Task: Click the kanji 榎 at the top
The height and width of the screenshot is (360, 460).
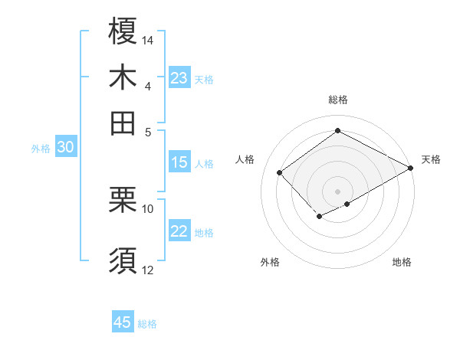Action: coord(123,32)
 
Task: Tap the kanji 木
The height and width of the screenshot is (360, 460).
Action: coord(123,78)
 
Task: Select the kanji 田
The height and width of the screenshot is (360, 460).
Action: coord(123,122)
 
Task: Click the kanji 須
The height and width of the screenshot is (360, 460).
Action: coord(123,260)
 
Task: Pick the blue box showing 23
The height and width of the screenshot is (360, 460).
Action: coord(179,78)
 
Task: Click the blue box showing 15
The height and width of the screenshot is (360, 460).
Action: coord(179,162)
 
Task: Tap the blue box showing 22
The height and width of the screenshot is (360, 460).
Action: coord(179,232)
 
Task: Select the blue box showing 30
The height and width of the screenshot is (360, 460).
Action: coord(65,149)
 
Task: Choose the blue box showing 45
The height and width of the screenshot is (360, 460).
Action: coord(123,322)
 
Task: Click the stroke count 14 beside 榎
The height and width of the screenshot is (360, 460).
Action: coord(148,39)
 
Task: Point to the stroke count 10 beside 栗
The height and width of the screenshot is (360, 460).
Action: coord(148,208)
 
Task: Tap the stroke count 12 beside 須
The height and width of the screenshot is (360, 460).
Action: coord(148,269)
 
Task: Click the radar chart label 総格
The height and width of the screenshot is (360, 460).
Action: coord(337,100)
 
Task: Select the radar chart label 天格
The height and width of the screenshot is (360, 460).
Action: coord(431,159)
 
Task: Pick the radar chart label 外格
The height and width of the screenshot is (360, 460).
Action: coord(269,262)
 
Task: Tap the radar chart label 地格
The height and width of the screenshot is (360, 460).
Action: coord(402,262)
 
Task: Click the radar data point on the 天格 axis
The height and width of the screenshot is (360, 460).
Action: coord(411,168)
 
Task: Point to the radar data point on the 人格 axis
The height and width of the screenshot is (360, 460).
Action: coord(280,172)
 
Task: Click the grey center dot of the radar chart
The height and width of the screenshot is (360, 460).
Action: coord(337,191)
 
